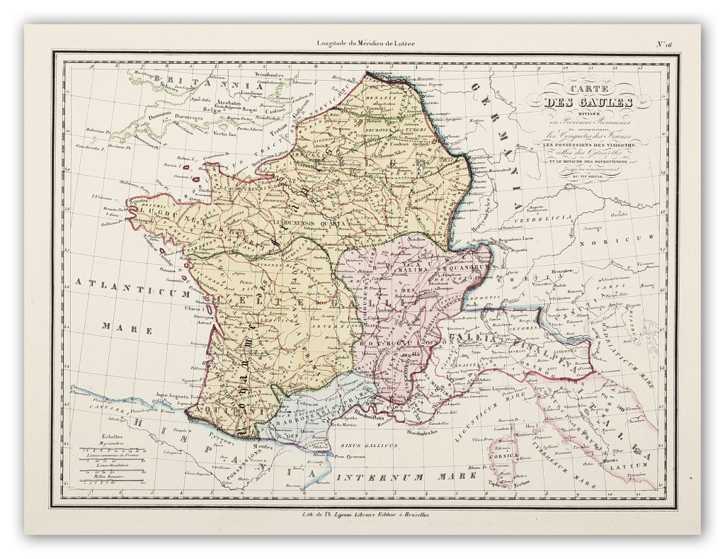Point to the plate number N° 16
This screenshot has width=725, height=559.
pyautogui.click(x=666, y=46)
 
